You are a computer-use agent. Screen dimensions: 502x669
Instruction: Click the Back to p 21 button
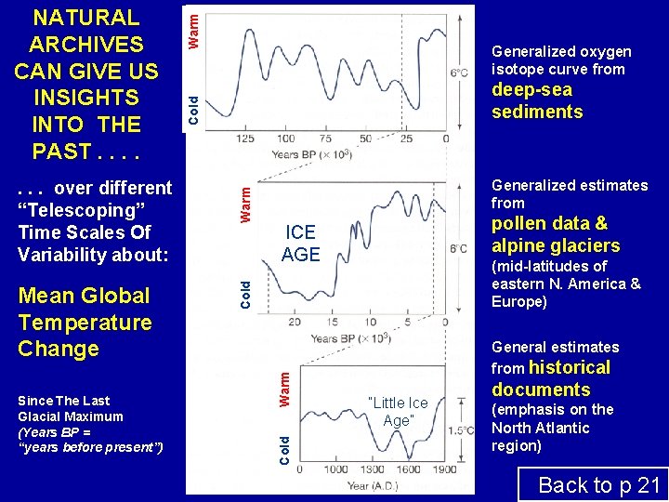[x=598, y=484]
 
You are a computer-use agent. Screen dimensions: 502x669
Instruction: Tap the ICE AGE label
[x=300, y=244]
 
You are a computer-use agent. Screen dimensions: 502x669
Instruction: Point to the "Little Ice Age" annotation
[x=398, y=411]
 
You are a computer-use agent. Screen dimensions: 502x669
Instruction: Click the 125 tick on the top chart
[x=246, y=139]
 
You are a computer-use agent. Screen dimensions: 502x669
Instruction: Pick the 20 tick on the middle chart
[x=295, y=322]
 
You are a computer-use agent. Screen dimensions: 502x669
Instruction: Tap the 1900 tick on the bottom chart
[x=446, y=470]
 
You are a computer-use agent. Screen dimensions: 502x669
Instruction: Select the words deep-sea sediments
[x=537, y=101]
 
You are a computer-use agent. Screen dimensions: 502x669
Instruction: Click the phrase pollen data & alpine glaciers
[x=556, y=234]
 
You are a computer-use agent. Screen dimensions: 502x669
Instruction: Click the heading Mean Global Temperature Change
[x=85, y=323]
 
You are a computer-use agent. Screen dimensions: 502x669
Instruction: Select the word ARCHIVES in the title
[x=85, y=44]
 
